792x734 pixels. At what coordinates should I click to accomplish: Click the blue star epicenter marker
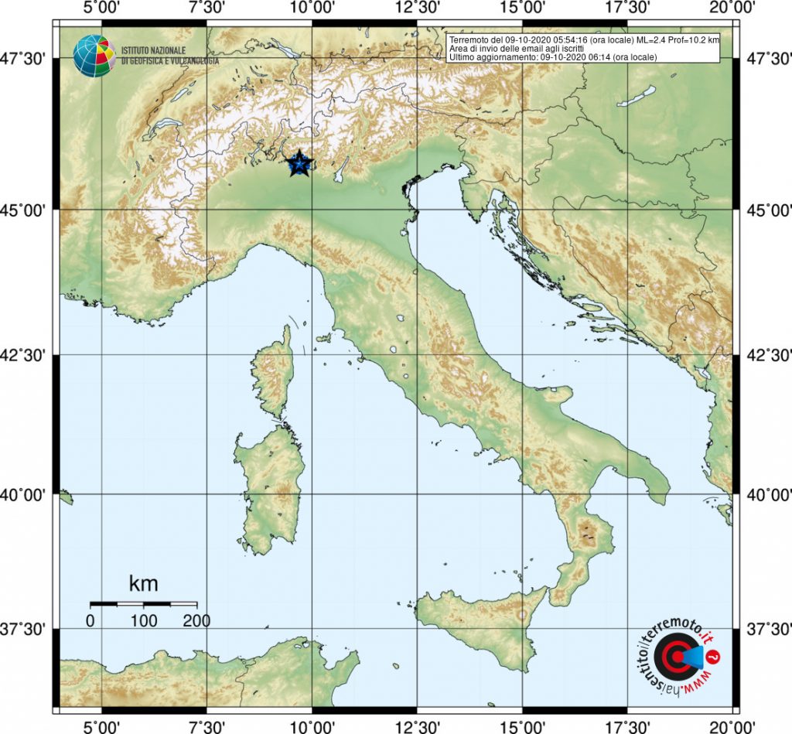pyautogui.click(x=299, y=162)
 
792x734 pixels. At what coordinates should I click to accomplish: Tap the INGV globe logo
pyautogui.click(x=94, y=56)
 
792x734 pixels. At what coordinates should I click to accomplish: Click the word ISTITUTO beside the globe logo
pyautogui.click(x=139, y=50)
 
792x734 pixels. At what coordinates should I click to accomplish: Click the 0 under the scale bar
pyautogui.click(x=90, y=620)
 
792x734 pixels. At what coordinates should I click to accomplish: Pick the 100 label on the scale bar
pyautogui.click(x=143, y=620)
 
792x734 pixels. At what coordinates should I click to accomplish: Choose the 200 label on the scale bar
pyautogui.click(x=196, y=620)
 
